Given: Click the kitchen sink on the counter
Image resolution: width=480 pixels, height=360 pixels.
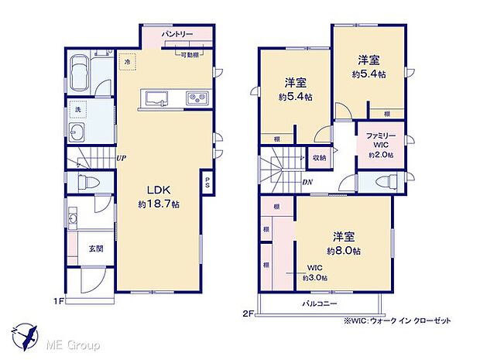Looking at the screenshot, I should tap(154, 98).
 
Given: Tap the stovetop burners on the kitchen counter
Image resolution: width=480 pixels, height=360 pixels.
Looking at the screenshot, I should tap(195, 98).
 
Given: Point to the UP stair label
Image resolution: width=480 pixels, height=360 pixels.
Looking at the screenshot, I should tap(122, 159).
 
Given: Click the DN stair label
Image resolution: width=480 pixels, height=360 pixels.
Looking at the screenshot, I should tap(308, 182).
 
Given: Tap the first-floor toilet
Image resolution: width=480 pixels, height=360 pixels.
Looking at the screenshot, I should tap(86, 183).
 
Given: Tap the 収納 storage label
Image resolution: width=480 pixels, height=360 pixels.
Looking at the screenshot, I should tap(320, 156).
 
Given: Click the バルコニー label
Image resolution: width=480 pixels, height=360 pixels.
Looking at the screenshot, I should tap(319, 303).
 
